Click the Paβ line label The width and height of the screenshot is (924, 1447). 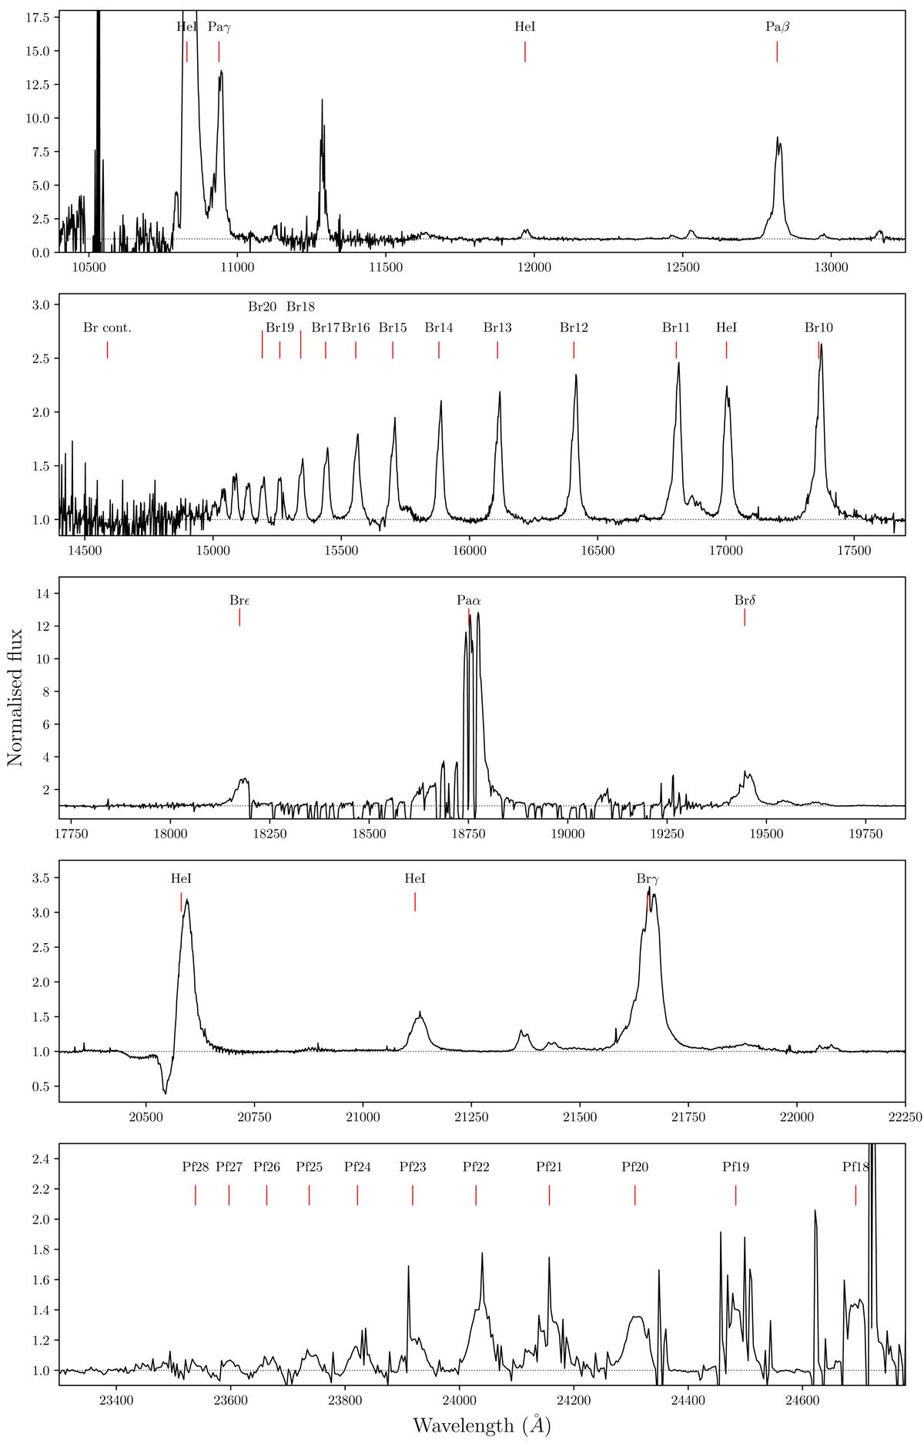(777, 27)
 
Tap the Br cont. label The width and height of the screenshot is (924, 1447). (107, 328)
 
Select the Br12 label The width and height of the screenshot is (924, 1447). (574, 328)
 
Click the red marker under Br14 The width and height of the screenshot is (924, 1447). (439, 350)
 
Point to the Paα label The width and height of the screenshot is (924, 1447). (468, 600)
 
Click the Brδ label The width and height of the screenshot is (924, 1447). (745, 600)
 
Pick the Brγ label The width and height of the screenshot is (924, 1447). (648, 878)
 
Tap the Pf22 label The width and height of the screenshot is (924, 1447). (476, 1167)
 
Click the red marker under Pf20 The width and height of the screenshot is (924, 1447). (634, 1195)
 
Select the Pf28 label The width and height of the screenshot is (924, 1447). (196, 1167)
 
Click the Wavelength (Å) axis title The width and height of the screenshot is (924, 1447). (481, 1425)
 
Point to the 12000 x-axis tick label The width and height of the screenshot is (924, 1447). (534, 267)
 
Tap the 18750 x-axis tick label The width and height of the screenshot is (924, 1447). (468, 833)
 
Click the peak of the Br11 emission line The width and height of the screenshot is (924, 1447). (678, 363)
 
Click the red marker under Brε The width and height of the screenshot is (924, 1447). (239, 617)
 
